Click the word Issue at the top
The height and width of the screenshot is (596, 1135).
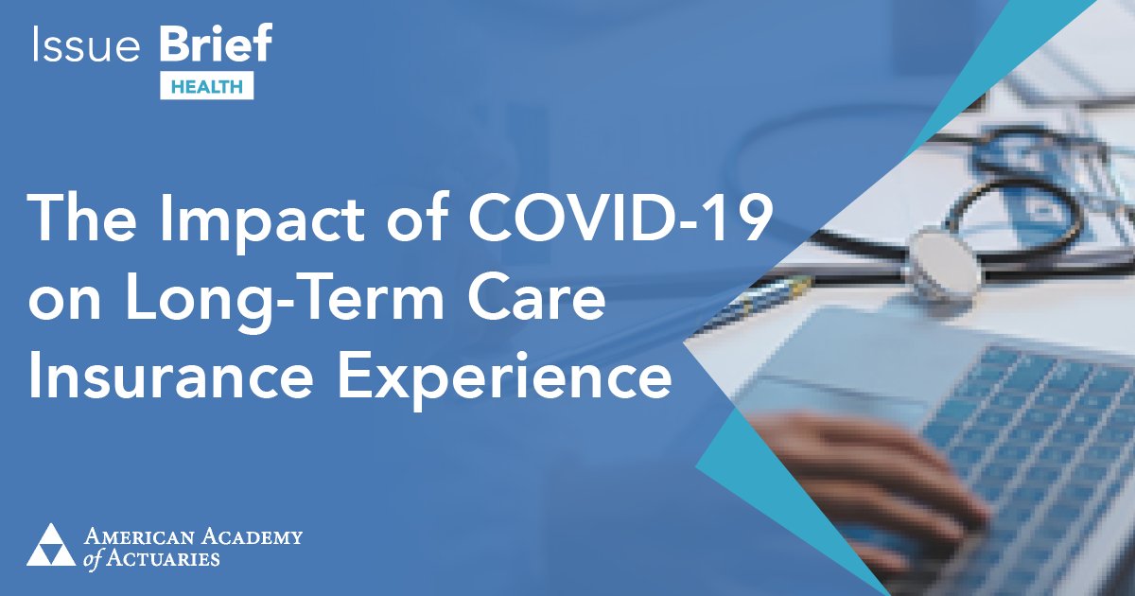(x=84, y=46)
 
